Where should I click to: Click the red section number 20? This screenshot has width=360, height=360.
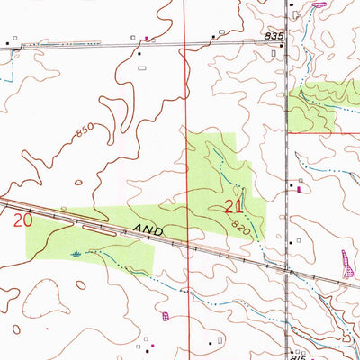tap(23, 218)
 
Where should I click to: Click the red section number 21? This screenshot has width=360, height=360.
tap(234, 206)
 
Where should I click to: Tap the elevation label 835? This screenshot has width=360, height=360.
tap(274, 35)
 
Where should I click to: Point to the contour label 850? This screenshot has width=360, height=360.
tap(84, 132)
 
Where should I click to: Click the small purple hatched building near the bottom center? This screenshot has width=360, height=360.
tap(164, 315)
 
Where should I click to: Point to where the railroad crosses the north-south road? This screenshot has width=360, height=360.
tap(286, 269)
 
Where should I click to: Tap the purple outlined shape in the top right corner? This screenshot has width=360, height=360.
tap(316, 5)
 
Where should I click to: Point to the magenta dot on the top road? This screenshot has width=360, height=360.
tap(148, 38)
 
